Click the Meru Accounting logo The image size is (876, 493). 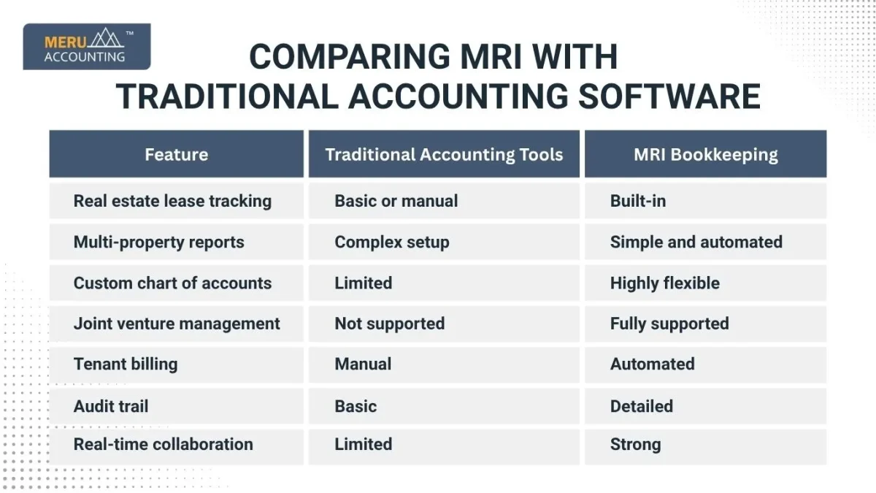click(x=86, y=46)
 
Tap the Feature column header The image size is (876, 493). click(x=176, y=154)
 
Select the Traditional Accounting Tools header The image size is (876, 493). click(x=444, y=154)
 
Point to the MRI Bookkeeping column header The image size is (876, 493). click(x=705, y=154)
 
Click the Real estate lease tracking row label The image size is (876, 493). click(x=172, y=201)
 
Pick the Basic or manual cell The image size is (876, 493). click(x=396, y=201)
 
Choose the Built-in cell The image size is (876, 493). click(x=638, y=201)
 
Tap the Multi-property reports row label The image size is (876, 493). click(x=159, y=242)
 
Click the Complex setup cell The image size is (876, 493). click(x=392, y=242)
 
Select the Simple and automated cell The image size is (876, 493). click(x=696, y=242)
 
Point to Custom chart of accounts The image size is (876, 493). click(x=172, y=283)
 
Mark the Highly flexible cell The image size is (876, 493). click(x=664, y=283)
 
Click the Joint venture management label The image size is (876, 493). click(x=177, y=324)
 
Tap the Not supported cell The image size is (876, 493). click(x=389, y=324)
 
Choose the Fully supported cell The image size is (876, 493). click(x=669, y=324)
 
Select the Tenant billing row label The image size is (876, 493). click(x=126, y=364)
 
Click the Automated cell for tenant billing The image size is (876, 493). click(x=652, y=364)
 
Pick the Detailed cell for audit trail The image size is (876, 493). click(x=641, y=405)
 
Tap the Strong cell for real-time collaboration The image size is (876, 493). click(x=635, y=444)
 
